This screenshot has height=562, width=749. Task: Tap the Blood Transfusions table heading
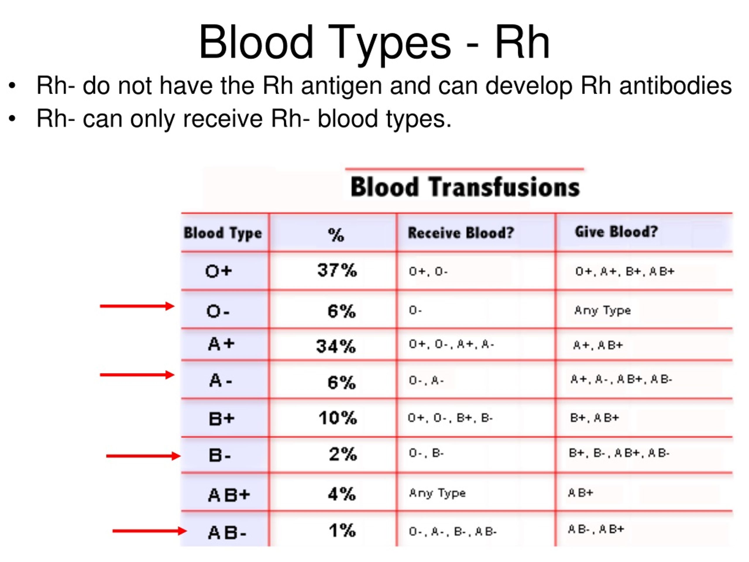465,187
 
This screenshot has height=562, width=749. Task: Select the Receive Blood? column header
461,233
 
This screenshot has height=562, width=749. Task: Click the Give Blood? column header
616,232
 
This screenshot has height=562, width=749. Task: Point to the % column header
336,235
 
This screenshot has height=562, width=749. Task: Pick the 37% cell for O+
337,270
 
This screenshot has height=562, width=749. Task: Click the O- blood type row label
218,311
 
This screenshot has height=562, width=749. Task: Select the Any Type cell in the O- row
602,310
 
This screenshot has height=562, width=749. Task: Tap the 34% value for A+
336,346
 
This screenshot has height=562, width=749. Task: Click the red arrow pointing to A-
137,375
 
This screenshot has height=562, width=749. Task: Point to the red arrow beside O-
137,306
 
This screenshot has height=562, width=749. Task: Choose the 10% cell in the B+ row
338,418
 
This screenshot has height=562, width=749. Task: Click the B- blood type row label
220,455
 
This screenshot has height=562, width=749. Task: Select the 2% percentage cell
343,454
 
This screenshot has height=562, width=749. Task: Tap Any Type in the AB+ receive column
437,493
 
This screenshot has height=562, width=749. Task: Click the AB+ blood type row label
229,495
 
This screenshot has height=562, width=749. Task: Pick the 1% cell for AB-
342,530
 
